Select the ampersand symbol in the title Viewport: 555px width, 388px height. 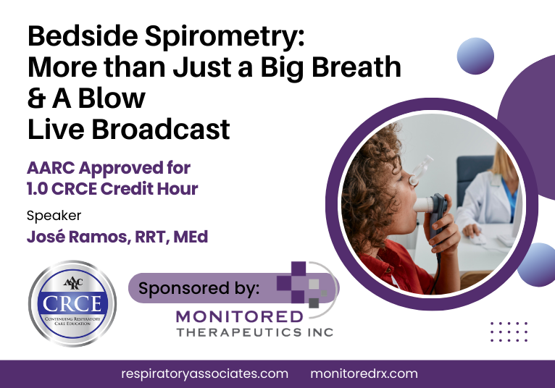click(36, 98)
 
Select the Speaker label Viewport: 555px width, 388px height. click(54, 215)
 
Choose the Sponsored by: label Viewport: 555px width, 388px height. click(199, 288)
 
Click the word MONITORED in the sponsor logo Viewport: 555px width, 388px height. click(239, 316)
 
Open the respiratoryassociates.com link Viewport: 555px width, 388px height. click(204, 374)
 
